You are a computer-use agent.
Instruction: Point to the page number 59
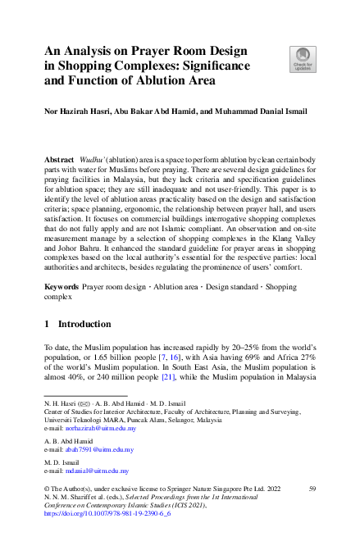[312, 489]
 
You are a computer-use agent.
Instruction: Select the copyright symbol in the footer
[48, 489]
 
